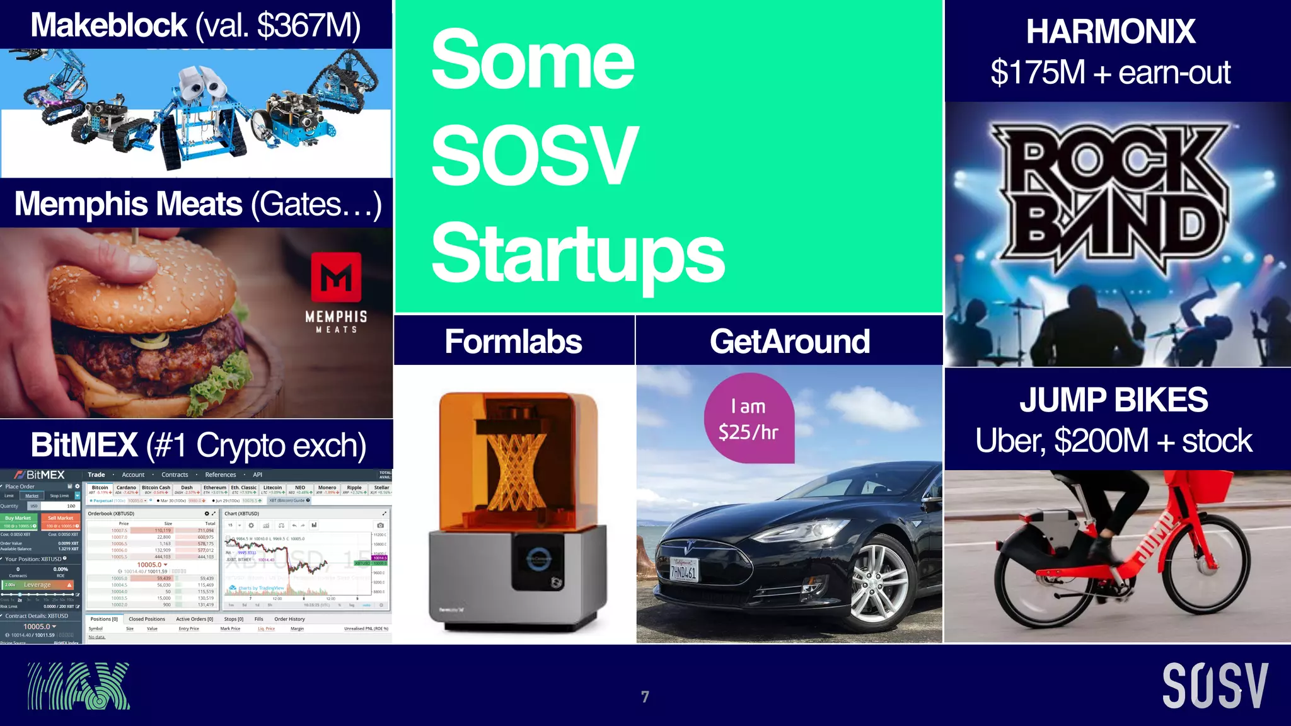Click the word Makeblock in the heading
pyautogui.click(x=108, y=26)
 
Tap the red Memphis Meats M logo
pyautogui.click(x=337, y=277)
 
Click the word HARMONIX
pyautogui.click(x=1111, y=32)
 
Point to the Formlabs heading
pyautogui.click(x=513, y=342)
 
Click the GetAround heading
pyautogui.click(x=789, y=342)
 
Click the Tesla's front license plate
pyautogui.click(x=683, y=570)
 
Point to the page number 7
pyautogui.click(x=645, y=696)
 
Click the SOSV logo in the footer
pyautogui.click(x=1214, y=686)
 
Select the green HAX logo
pyautogui.click(x=79, y=686)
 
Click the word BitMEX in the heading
pyautogui.click(x=84, y=445)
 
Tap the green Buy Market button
pyautogui.click(x=19, y=518)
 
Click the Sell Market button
pyautogui.click(x=61, y=518)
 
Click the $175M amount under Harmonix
pyautogui.click(x=1037, y=72)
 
